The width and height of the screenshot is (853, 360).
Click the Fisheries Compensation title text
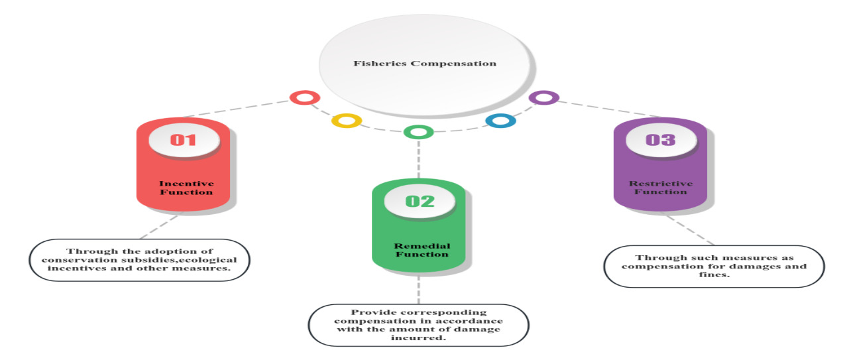(425, 64)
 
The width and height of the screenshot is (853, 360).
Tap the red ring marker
(304, 98)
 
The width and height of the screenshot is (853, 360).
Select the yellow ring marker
(346, 121)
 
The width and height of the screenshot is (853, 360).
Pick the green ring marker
(418, 132)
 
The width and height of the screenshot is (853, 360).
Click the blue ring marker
(500, 121)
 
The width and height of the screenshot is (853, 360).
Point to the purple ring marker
(543, 98)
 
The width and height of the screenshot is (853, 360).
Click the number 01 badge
(183, 140)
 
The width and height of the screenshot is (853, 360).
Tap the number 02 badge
(419, 201)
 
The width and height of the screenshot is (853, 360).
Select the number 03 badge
(660, 140)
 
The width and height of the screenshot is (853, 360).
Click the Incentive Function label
(186, 188)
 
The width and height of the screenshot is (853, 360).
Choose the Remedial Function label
(419, 249)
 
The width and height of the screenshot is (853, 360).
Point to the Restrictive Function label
(661, 188)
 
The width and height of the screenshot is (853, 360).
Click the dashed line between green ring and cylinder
(418, 159)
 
